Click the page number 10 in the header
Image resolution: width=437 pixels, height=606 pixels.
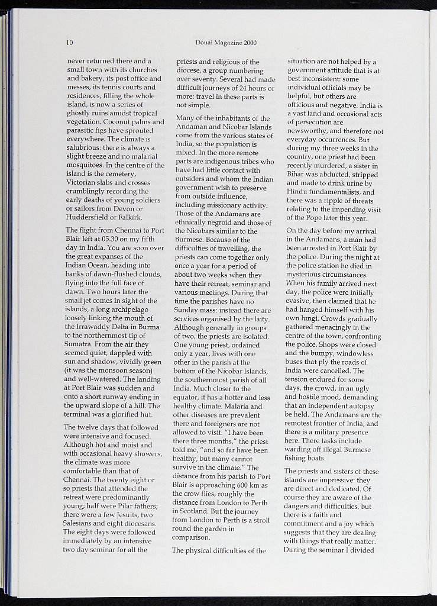tap(70, 43)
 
